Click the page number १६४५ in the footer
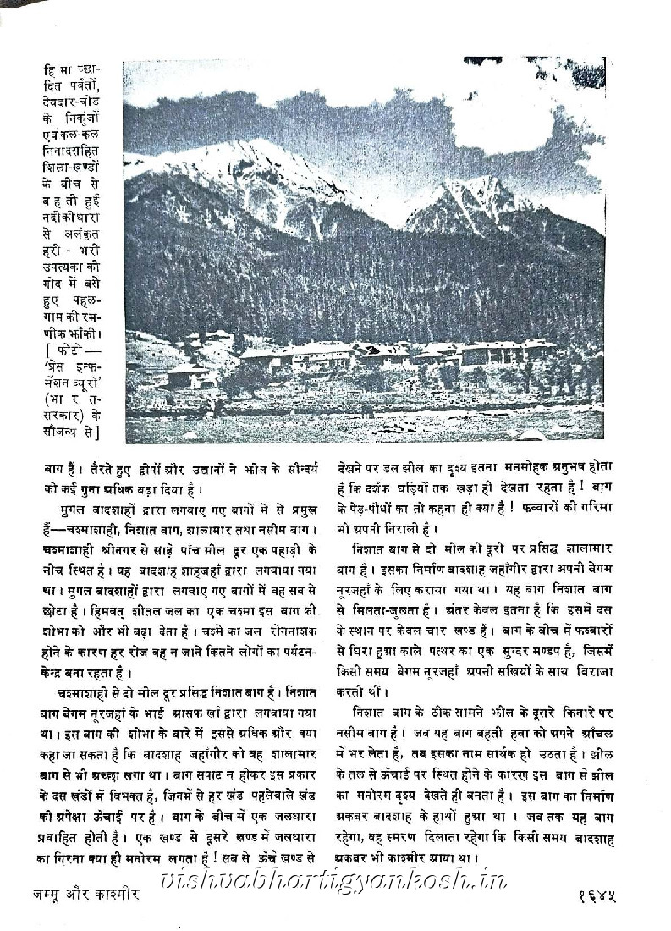click(x=590, y=895)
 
